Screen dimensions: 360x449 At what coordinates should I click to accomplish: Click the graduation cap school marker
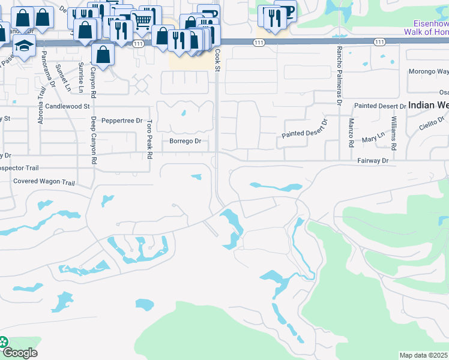[x=24, y=46]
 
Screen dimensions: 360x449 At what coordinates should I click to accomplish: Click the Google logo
[x=19, y=353]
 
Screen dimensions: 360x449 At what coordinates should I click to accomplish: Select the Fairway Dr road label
[x=373, y=161]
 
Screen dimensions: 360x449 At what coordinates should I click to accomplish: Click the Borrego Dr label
[x=185, y=142]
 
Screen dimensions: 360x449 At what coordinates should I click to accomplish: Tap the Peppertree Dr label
[x=122, y=120]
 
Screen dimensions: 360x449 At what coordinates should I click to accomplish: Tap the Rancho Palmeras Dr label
[x=339, y=75]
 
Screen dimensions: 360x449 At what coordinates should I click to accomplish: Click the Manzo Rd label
[x=351, y=133]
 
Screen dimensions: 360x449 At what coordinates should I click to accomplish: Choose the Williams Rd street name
[x=394, y=134]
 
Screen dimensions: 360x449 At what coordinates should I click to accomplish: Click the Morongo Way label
[x=429, y=71]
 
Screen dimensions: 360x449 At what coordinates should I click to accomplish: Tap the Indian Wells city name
[x=429, y=105]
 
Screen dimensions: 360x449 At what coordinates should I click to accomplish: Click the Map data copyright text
[x=424, y=355]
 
